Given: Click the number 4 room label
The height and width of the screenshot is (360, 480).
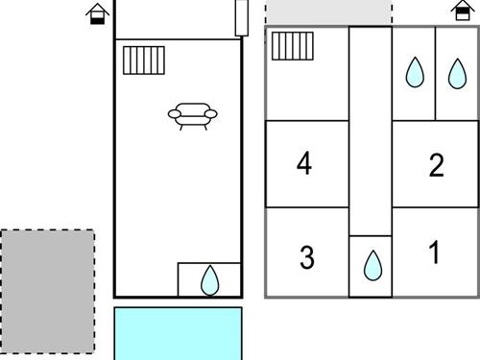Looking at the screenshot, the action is tap(304, 163).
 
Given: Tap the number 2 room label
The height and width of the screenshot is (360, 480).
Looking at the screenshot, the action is tap(437, 165).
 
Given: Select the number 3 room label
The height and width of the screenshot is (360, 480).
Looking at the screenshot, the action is tap(307, 256).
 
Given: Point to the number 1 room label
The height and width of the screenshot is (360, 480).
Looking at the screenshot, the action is tap(434, 252).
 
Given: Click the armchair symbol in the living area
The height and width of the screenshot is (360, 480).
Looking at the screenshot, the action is tap(193, 116).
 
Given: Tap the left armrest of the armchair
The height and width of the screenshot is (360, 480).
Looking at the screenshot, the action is tap(175, 114).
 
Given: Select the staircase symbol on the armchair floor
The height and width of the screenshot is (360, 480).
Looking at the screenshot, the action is tap(144, 60).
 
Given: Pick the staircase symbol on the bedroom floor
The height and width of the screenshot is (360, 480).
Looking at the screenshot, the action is tap(293, 46).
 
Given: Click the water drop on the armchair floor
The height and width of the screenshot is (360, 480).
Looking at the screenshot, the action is tap(210, 280).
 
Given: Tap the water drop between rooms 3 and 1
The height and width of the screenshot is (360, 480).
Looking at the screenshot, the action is tap(372, 266).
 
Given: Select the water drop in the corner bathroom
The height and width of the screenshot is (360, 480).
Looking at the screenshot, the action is tap(457, 74).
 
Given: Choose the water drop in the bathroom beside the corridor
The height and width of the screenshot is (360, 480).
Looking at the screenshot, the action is tap(415, 72).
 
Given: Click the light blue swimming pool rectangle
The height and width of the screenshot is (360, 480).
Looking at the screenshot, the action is tap(179, 333).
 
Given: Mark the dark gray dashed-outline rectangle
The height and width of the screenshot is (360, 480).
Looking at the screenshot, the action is tap(47, 292).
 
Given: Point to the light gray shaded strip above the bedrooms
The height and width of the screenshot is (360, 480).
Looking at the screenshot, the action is tap(329, 12).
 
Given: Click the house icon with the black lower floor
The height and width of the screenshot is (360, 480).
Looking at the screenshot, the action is tap(97, 14).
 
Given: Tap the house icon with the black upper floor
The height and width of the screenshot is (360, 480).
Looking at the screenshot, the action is tap(463, 11).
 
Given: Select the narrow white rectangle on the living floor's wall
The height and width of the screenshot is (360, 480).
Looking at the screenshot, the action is tap(242, 17).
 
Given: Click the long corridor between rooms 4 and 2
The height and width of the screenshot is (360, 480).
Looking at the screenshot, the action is tap(371, 132).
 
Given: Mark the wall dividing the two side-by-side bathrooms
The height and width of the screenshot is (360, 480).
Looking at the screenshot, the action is tap(435, 74).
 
